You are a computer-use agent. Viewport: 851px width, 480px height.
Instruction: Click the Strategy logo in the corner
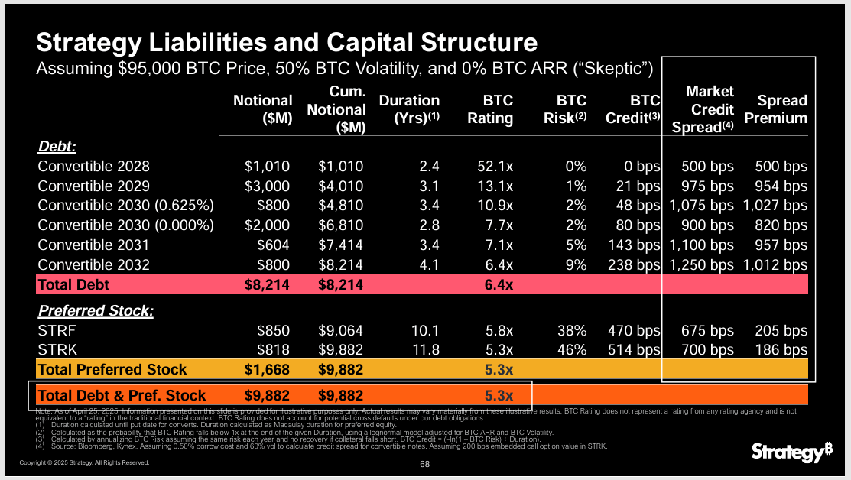[791, 452]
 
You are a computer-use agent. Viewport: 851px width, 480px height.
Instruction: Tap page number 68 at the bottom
[425, 463]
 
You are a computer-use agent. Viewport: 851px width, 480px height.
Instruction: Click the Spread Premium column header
[781, 109]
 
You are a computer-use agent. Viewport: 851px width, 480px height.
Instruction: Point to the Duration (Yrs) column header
[409, 109]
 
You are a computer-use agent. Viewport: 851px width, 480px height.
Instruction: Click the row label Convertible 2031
[93, 245]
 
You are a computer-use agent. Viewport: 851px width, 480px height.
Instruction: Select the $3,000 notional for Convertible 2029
[268, 186]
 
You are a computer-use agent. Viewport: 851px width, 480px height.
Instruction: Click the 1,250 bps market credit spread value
[702, 265]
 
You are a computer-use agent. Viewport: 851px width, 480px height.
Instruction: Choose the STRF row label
[57, 330]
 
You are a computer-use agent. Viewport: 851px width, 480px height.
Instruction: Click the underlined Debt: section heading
[57, 146]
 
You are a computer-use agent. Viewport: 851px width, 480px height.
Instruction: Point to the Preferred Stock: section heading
[96, 311]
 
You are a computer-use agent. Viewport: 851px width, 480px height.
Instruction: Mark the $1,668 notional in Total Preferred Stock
[268, 370]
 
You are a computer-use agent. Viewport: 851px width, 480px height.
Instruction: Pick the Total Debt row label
[73, 285]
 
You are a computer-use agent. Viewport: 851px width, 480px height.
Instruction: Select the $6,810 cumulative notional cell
[340, 225]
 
